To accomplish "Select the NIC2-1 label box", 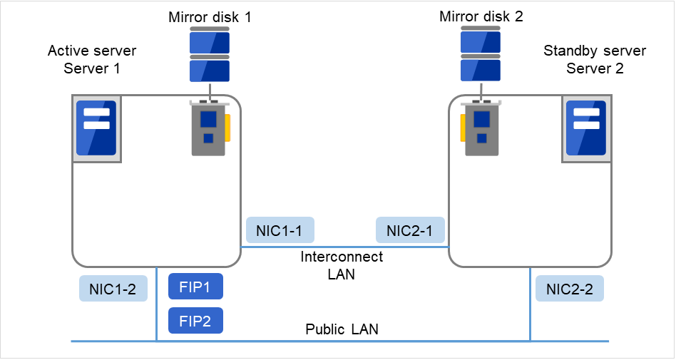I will coord(410,231).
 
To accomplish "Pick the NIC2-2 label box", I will coord(569,289).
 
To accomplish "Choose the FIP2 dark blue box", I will coord(195,321).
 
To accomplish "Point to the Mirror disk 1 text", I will coord(210,16).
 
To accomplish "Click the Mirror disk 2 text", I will coord(481,16).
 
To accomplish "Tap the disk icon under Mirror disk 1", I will coord(210,56).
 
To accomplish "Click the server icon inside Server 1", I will coord(96,128).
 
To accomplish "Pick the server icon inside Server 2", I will coord(585,128).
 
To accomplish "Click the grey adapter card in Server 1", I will coord(208,128).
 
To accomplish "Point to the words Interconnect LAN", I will coord(342,264).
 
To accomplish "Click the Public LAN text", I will coord(342,329).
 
